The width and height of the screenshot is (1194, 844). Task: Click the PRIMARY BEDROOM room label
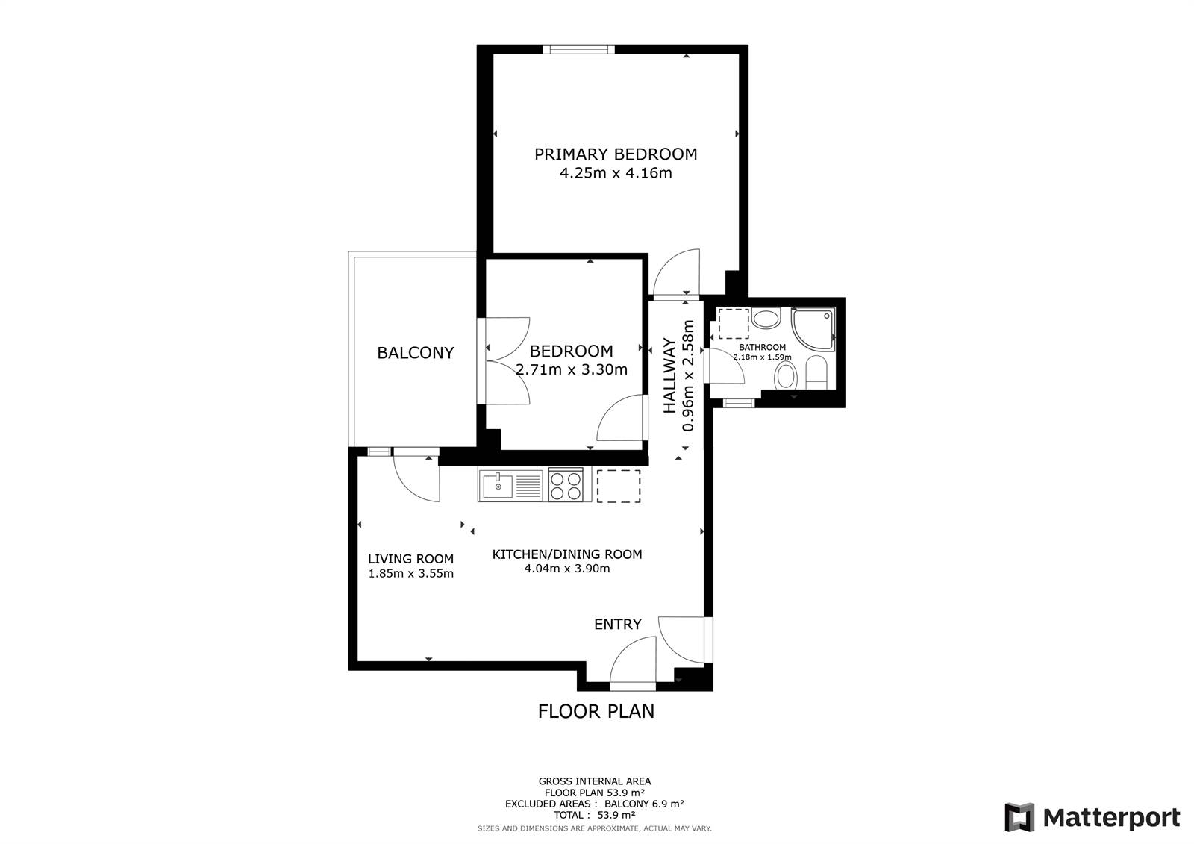pos(616,154)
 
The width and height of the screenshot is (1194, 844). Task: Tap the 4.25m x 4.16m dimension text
pos(616,172)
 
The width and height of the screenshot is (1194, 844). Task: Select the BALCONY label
pos(415,352)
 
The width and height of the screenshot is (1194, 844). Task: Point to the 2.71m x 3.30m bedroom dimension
pos(572,369)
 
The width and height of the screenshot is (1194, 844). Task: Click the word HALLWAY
pos(669,375)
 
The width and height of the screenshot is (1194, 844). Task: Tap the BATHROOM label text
pos(762,347)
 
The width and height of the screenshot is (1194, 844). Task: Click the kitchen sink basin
pos(498,486)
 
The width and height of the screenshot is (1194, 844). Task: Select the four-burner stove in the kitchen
pos(566,484)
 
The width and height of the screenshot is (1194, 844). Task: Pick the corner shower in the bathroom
pos(813,328)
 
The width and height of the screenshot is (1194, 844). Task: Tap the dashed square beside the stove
pos(619,486)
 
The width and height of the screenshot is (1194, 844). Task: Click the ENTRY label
pos(618,624)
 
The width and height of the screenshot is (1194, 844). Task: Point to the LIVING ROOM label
pos(411,559)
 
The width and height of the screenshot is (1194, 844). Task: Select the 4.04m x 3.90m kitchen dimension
pos(567,569)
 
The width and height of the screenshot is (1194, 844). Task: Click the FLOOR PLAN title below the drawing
pos(596,711)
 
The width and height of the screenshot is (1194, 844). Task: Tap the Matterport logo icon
pos(1019,817)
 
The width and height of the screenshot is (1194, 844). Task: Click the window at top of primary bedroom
pos(579,49)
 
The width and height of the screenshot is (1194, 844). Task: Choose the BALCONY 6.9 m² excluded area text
pos(645,804)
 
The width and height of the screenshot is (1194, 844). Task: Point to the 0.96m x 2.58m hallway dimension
pos(688,375)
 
